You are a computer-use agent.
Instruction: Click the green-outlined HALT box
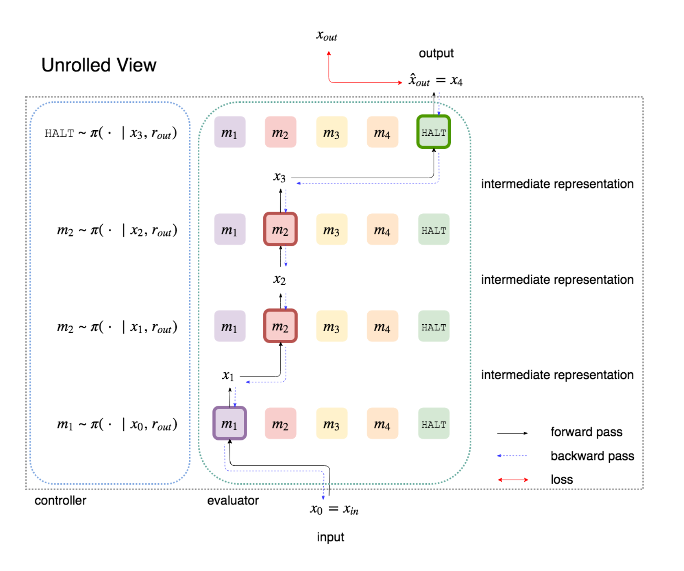pos(433,132)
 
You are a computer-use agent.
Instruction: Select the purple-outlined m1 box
pos(229,423)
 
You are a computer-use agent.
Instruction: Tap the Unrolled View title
pos(99,65)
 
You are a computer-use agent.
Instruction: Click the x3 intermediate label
pos(279,177)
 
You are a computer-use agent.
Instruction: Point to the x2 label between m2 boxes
pos(279,280)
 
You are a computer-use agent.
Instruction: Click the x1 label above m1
pos(228,376)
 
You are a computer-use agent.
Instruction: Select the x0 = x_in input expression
pos(334,509)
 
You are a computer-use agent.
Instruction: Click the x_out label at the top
pos(327,36)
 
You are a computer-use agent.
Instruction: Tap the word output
pos(436,53)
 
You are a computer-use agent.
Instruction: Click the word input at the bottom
pos(330,537)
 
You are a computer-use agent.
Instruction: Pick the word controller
pos(60,500)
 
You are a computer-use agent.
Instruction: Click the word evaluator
pos(233,500)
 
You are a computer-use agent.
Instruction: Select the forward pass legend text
pos(586,432)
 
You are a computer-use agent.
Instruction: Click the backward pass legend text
pos(592,456)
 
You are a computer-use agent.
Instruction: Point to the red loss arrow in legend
pos(512,480)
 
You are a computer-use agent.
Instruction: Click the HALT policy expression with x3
pos(110,133)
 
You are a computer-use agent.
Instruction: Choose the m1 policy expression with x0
pos(117,425)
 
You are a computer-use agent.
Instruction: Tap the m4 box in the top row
pos(382,132)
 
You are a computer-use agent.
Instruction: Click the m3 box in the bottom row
pos(331,424)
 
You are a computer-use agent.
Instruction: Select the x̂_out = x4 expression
pos(435,80)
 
